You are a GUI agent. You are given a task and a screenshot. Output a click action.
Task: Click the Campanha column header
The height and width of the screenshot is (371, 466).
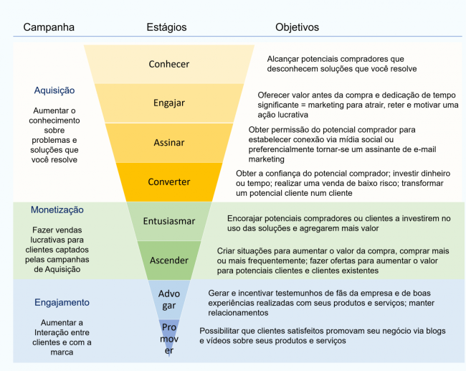click(49, 27)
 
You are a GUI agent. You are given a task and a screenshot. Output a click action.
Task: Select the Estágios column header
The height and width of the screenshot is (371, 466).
click(166, 27)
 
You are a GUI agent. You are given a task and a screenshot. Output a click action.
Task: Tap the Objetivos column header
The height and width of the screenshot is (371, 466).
click(298, 27)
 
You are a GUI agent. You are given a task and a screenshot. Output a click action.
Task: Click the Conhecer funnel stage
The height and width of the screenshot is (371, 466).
click(169, 64)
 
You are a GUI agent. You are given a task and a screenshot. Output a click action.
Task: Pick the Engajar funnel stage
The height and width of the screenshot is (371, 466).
click(169, 103)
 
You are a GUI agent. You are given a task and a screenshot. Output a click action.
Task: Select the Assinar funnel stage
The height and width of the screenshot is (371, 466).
click(169, 142)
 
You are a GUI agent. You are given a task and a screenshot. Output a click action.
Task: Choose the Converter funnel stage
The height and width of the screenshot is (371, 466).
click(169, 182)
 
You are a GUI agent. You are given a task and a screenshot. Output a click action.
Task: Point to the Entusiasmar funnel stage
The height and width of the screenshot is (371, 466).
click(169, 221)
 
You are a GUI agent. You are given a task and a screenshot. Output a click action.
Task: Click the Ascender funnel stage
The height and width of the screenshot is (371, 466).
click(169, 260)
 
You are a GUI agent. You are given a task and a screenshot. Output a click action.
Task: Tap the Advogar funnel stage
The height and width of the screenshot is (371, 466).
click(169, 299)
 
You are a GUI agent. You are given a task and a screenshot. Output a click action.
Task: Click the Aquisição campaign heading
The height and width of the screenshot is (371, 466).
click(54, 90)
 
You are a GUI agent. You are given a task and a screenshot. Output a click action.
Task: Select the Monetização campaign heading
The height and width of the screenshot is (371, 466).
click(57, 210)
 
